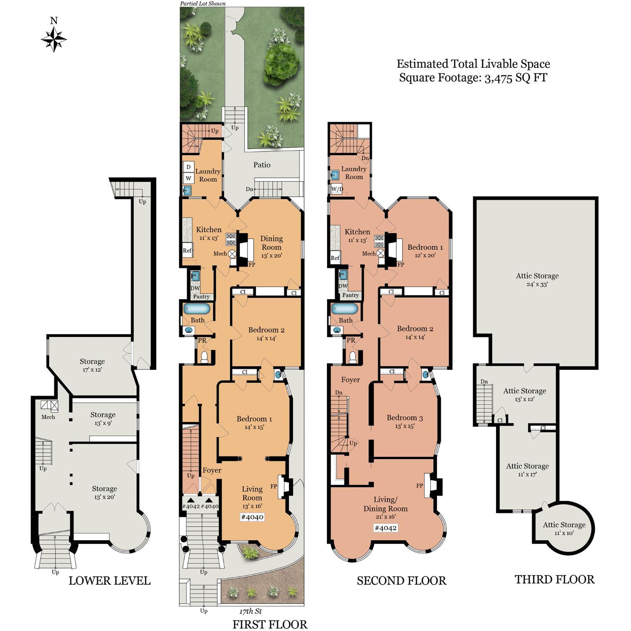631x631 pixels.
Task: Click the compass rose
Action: (x=54, y=39)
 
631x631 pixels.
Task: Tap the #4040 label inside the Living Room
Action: (x=252, y=517)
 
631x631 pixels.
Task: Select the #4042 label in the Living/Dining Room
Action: (x=385, y=528)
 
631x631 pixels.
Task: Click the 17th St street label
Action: (x=250, y=611)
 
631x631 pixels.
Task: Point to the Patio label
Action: (x=262, y=165)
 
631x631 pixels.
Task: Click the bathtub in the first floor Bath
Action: (x=196, y=309)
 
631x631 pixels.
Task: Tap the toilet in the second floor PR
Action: (x=353, y=357)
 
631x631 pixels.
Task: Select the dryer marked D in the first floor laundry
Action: (x=188, y=167)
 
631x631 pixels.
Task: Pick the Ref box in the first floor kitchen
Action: (x=187, y=250)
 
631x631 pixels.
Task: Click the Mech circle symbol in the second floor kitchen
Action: (x=380, y=253)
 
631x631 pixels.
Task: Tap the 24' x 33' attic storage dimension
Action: (x=537, y=284)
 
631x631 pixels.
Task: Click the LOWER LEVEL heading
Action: (x=109, y=581)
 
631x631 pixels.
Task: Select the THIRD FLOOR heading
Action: (x=554, y=579)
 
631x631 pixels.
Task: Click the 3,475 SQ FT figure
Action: (x=515, y=78)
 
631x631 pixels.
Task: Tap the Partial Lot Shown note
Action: (x=203, y=3)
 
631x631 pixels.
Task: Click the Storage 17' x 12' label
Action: (x=92, y=365)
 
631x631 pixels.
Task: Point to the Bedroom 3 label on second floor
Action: (x=405, y=418)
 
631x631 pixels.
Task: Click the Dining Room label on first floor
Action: (x=271, y=243)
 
